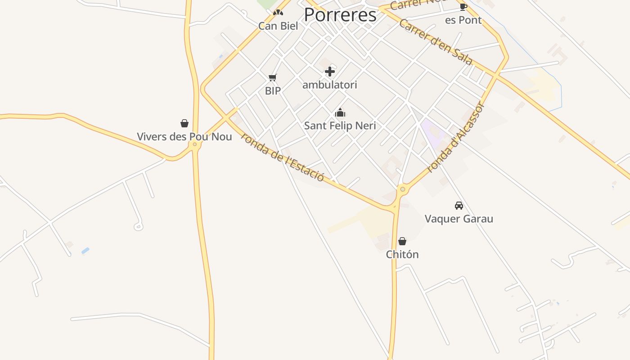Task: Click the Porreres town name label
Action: (340, 15)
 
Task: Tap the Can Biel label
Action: (278, 26)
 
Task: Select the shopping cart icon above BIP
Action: (272, 78)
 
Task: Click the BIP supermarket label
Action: (273, 90)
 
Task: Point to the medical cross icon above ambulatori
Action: (330, 72)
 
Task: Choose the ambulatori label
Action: (330, 85)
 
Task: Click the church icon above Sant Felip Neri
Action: (340, 112)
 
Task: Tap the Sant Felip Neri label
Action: (340, 126)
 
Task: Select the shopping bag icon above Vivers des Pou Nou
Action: (184, 123)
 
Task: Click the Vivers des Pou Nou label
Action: (184, 136)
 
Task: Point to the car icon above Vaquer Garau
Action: (459, 206)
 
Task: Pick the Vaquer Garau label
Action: (459, 219)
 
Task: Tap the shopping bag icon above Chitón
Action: (402, 241)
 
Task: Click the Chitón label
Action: (402, 254)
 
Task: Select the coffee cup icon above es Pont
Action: (463, 7)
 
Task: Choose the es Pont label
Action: (463, 20)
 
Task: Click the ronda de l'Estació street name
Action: (283, 157)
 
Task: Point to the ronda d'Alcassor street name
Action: (455, 138)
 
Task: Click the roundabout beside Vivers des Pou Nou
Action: (195, 144)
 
